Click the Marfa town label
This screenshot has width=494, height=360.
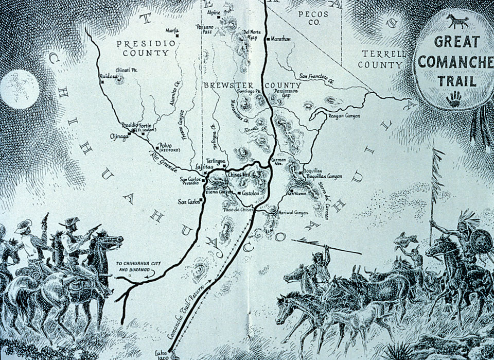point(171,30)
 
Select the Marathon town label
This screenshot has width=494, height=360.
point(280,39)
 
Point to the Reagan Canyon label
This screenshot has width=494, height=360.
point(344,116)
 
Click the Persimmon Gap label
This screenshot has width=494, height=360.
point(288,92)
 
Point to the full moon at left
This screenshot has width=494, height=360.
point(19,89)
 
